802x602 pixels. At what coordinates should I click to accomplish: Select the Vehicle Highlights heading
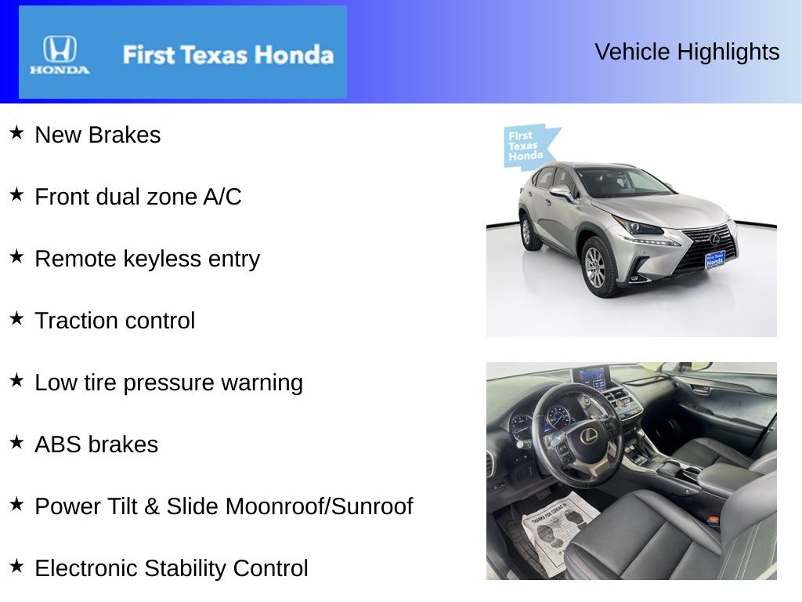pos(687,52)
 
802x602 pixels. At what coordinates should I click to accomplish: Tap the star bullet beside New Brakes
pos(16,133)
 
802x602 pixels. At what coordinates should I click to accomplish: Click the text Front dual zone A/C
pos(138,197)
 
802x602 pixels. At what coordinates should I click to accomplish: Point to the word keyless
pos(152,259)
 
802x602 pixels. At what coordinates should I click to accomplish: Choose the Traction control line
pos(114,321)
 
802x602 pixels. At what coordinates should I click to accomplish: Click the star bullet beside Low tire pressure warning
pos(16,381)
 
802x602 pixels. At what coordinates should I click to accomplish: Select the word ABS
pos(58,444)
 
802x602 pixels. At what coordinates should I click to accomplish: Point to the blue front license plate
pos(714,259)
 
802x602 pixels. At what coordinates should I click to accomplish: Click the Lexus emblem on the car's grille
pos(713,238)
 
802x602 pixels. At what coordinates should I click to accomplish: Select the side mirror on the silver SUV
pos(561,192)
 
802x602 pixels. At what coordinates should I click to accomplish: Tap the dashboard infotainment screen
pos(591,377)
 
